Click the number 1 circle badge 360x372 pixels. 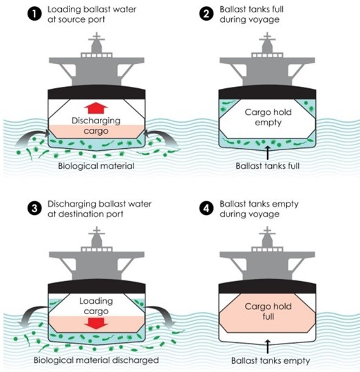tap(34, 14)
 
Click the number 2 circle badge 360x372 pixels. tap(207, 14)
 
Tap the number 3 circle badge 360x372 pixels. tap(34, 208)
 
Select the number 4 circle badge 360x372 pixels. tap(207, 208)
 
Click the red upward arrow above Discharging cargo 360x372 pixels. tap(96, 108)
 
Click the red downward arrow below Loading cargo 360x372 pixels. tap(96, 323)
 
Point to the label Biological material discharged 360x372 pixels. tap(96, 360)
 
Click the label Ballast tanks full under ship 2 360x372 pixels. tap(268, 165)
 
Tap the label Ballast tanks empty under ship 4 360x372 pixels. tap(271, 360)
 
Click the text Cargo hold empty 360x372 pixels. tap(268, 117)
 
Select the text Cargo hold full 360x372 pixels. tap(268, 311)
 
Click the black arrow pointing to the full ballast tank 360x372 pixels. tap(268, 152)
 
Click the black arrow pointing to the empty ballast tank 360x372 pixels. tap(268, 347)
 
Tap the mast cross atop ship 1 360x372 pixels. tap(96, 37)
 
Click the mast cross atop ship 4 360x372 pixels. tap(267, 231)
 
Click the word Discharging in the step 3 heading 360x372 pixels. tap(72, 204)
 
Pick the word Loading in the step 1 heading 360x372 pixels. tap(61, 10)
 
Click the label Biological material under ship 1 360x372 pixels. tap(96, 165)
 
